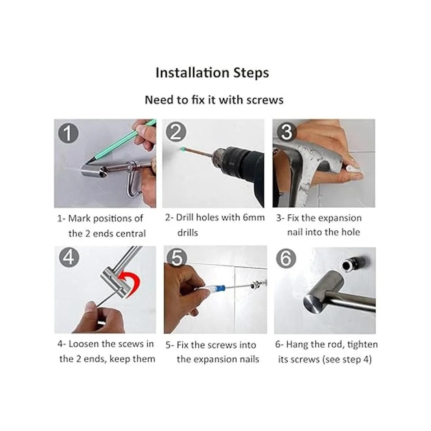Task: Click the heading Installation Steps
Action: point(212,73)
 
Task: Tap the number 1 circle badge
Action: point(68,134)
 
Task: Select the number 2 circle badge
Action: point(176,133)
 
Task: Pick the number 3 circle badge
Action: point(286,132)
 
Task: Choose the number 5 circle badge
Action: point(177,257)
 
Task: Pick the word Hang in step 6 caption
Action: point(297,344)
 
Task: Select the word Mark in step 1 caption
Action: point(79,218)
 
